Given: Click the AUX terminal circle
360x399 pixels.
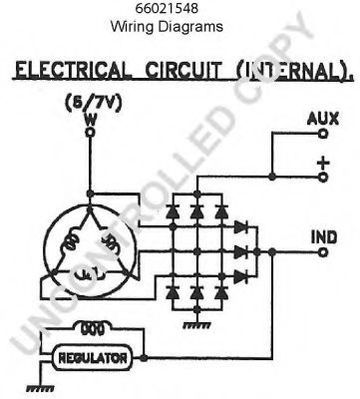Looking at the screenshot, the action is coord(323,134).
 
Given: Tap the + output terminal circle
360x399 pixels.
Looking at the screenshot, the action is coord(323,177).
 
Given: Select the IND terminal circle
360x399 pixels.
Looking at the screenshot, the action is coord(323,252).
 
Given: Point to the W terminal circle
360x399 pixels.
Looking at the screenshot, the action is coord(90,133).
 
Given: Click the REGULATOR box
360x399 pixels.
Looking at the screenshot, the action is coord(93,358).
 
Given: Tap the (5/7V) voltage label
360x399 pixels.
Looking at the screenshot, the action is coord(94,104).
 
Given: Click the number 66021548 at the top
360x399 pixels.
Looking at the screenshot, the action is coord(167,9).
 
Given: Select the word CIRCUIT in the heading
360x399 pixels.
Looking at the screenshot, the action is coord(182,71).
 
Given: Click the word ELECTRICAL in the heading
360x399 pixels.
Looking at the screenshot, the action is coord(72,71).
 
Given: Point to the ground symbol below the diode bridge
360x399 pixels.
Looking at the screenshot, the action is coord(196,325).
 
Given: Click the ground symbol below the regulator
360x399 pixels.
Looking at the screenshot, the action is coord(40,388).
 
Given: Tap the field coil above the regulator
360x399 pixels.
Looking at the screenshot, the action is coord(93,328).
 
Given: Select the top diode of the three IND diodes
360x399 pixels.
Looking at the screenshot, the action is coord(240,227).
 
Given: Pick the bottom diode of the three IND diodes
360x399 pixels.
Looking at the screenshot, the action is coord(240,276).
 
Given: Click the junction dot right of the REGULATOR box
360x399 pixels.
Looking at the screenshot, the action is coord(144,358).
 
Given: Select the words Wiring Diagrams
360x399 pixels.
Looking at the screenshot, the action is coord(167,26).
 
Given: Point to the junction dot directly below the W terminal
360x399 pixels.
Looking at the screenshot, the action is coord(90,194).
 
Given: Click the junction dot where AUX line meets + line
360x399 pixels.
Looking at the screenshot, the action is coord(272,177).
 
